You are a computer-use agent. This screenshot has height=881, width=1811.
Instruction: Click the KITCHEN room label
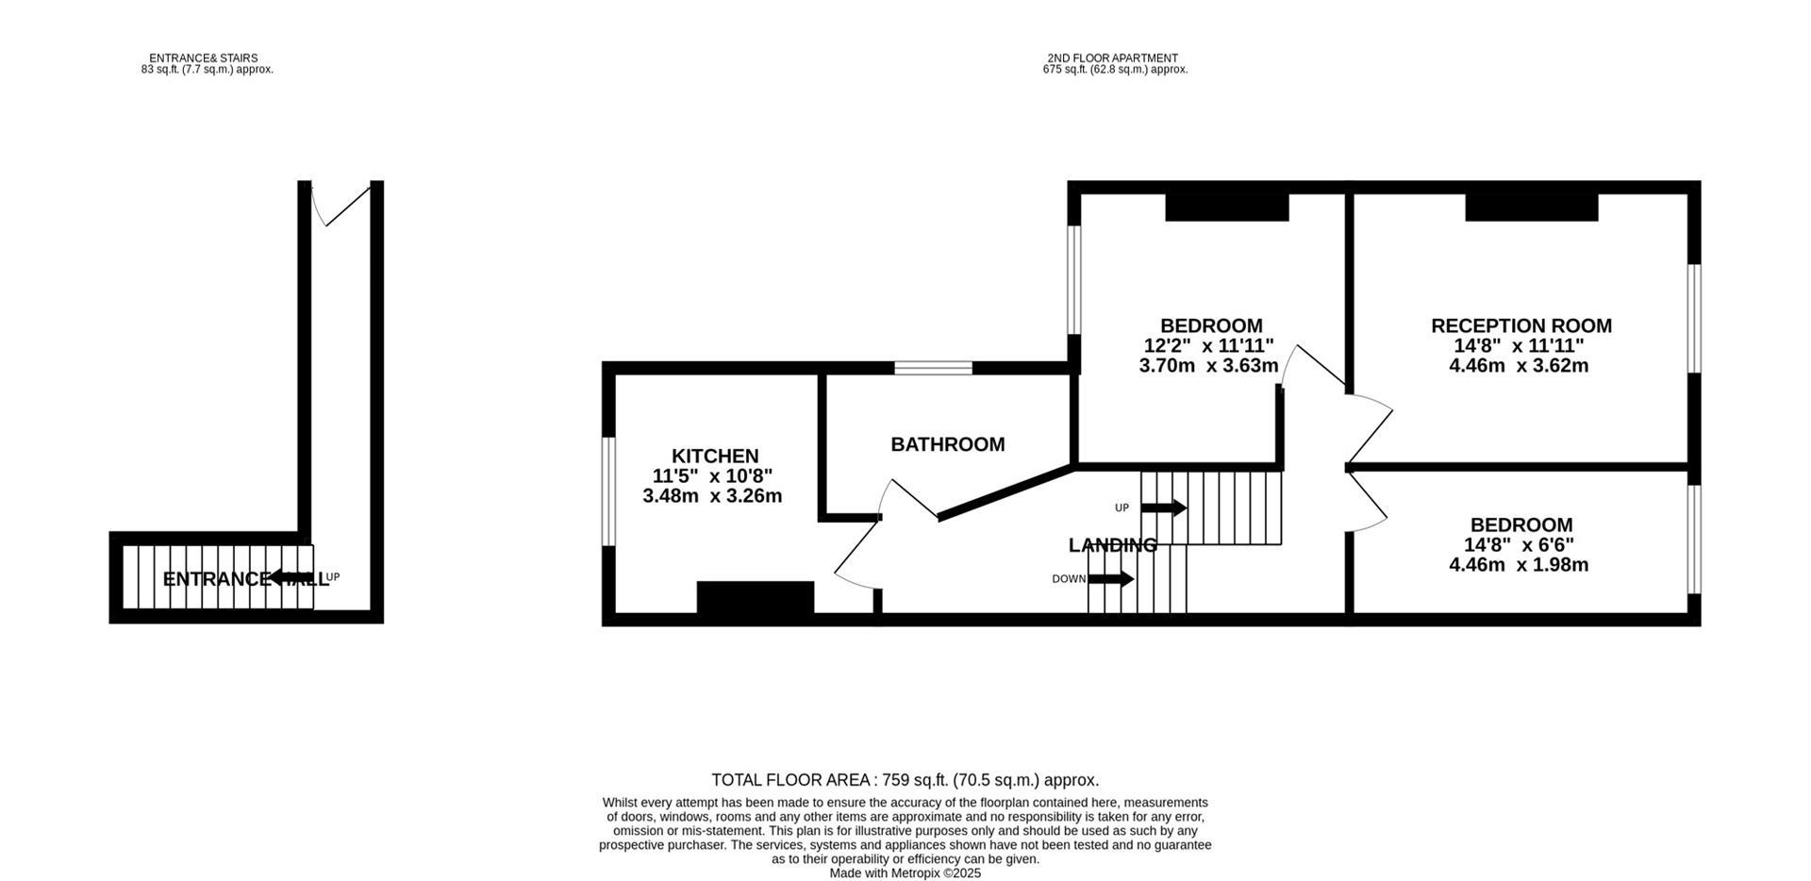714,457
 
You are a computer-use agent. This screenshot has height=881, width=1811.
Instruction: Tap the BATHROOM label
947,444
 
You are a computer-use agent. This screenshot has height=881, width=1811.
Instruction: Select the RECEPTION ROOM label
1520,326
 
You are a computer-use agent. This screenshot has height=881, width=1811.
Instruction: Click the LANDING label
1112,545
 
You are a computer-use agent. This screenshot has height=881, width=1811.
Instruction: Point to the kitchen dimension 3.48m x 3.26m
712,496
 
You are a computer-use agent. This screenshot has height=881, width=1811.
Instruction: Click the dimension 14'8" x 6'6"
1519,545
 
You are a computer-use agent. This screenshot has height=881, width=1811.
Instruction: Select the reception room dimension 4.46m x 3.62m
1519,366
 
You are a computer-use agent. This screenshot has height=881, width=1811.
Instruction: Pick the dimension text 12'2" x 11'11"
1208,346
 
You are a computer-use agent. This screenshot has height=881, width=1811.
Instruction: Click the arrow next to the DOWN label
1111,579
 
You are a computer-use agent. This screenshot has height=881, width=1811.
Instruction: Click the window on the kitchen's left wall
608,490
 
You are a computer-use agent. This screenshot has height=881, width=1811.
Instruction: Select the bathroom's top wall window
933,368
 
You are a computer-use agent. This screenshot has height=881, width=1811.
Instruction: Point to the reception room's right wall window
1694,318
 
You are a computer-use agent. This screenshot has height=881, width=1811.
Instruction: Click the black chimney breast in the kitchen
755,598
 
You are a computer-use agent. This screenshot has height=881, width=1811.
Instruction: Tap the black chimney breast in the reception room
1531,208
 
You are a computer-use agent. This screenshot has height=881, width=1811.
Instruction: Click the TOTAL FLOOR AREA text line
905,780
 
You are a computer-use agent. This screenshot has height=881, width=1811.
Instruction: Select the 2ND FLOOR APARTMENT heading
1112,58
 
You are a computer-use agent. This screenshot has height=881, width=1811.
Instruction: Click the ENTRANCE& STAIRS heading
203,58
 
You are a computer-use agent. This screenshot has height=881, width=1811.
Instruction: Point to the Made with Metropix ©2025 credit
905,873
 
